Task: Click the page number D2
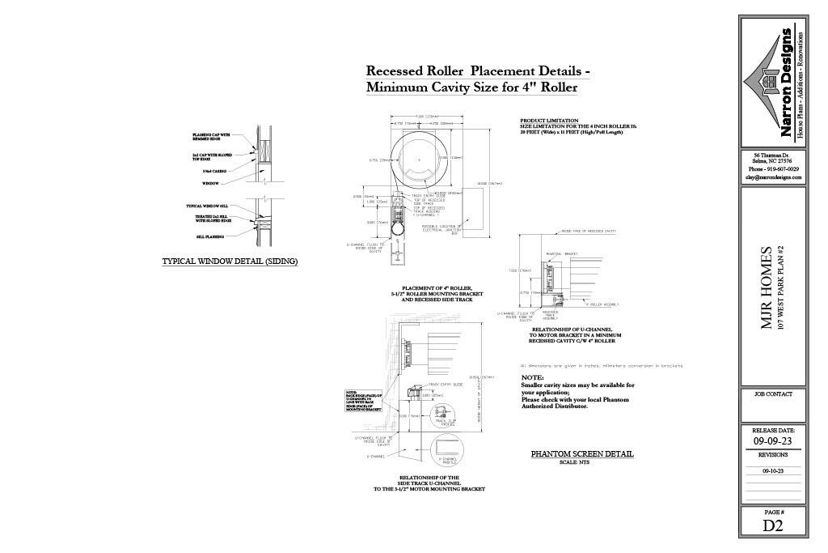click(772, 525)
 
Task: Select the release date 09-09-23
click(773, 442)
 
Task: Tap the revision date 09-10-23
click(773, 470)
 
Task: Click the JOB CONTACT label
click(773, 394)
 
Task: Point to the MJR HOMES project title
click(768, 287)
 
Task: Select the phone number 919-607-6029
click(775, 169)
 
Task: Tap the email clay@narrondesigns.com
click(774, 177)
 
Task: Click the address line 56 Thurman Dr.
click(774, 155)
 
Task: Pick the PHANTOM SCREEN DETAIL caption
click(581, 454)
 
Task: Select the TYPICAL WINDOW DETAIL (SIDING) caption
click(230, 262)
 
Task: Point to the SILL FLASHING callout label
click(209, 236)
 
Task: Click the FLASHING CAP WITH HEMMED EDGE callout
click(212, 136)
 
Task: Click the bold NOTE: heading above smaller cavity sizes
click(532, 377)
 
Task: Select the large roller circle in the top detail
click(418, 160)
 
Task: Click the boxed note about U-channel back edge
click(359, 401)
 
